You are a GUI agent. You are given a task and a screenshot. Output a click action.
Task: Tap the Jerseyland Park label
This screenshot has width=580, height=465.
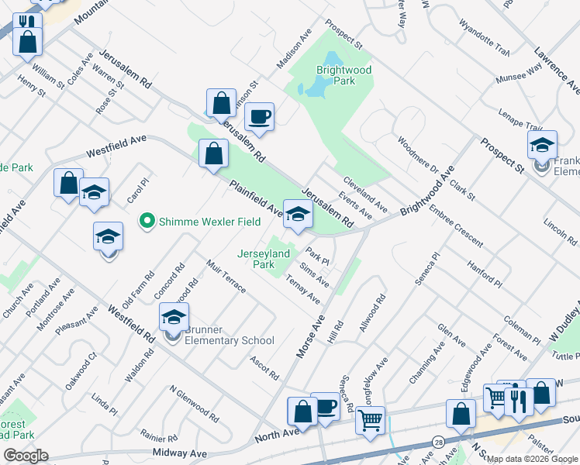263,259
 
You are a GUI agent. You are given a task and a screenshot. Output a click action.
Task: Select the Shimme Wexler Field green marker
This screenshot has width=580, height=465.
145,222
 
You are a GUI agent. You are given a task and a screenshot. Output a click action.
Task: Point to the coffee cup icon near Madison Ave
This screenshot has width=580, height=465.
259,116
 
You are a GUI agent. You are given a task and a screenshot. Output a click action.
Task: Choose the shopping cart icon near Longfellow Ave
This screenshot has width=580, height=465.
371,421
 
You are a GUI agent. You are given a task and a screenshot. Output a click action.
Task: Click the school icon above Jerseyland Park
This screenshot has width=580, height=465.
297,215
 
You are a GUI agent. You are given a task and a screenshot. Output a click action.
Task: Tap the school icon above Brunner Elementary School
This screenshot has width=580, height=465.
174,316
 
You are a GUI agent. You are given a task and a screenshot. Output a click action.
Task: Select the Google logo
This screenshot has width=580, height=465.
26,456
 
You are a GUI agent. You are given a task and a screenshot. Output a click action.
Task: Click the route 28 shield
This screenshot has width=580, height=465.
440,442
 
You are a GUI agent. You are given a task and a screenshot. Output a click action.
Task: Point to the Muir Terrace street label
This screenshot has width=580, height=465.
226,277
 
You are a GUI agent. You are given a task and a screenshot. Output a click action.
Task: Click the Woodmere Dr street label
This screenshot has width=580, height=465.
418,156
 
